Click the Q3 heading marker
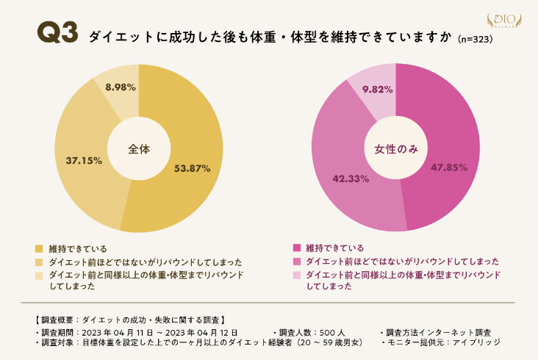coord(57,34)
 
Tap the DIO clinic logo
coord(505,20)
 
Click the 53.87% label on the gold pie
coord(193,168)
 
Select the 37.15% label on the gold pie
coord(83,159)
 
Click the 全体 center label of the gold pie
coord(139,148)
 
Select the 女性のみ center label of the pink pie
coord(395,149)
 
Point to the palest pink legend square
coord(296,275)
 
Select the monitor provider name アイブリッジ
coord(478,342)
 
